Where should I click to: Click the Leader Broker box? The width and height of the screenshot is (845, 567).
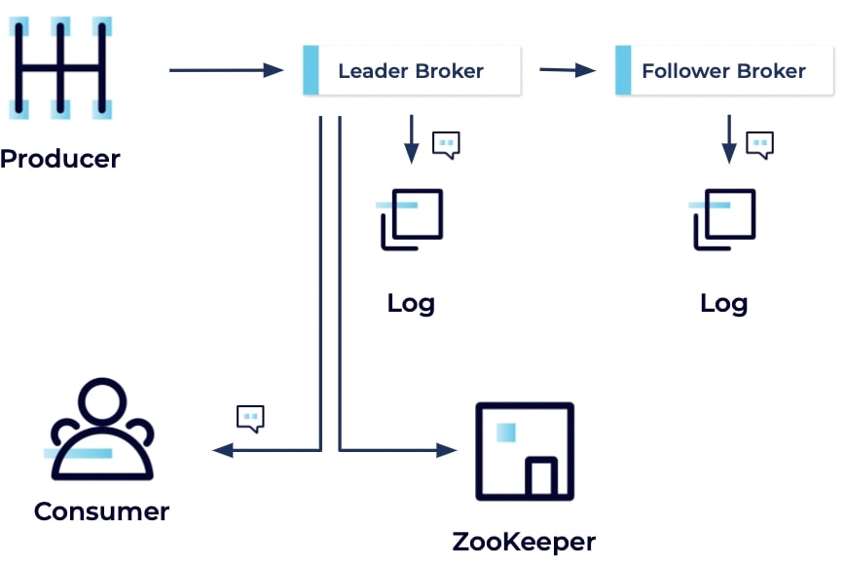[x=411, y=71]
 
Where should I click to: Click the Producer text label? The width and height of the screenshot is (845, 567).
[x=60, y=159]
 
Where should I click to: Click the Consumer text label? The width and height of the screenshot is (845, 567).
[x=101, y=511]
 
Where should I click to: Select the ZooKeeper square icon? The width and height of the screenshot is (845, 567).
[x=524, y=451]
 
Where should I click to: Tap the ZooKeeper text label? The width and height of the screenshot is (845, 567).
[x=524, y=542]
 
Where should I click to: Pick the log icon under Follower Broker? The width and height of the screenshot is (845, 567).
[x=723, y=219]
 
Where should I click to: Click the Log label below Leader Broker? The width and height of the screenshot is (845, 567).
[x=411, y=303]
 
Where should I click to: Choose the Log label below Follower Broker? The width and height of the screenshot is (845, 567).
[x=723, y=303]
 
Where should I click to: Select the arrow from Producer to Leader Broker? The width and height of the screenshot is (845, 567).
[x=225, y=70]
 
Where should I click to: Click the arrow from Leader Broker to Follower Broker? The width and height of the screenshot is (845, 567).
[x=567, y=70]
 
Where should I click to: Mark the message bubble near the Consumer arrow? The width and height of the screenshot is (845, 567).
[x=251, y=419]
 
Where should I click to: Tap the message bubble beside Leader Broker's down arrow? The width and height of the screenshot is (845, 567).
[x=446, y=144]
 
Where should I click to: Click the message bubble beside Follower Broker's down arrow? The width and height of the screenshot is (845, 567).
[x=759, y=144]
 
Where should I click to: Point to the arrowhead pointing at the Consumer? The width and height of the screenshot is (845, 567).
[x=222, y=450]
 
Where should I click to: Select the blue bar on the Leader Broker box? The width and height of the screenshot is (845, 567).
[x=312, y=70]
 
